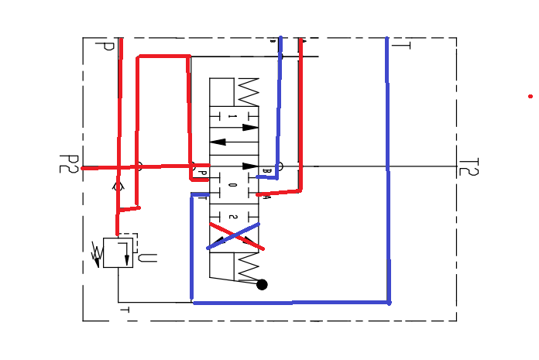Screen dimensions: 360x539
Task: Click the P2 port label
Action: (69, 164)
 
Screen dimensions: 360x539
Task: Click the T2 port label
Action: (469, 167)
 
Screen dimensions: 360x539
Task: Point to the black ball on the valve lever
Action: (262, 284)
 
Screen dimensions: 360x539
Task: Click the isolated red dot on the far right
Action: (530, 96)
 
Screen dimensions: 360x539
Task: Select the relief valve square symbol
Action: (118, 253)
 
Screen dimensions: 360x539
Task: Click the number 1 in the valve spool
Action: (232, 117)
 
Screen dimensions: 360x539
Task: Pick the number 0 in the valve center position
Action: (232, 185)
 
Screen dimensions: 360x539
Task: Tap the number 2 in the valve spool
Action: (232, 218)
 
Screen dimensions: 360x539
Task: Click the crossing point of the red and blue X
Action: (233, 235)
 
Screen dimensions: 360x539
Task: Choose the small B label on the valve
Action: (266, 170)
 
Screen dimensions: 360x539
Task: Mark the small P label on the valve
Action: (202, 173)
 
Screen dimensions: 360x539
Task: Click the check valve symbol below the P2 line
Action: (118, 186)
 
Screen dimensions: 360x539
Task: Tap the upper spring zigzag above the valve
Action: (248, 91)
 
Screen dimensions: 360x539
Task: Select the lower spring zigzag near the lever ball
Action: (248, 268)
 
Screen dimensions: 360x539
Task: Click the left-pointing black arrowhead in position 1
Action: (218, 142)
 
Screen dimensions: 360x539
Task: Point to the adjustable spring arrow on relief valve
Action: (97, 254)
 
